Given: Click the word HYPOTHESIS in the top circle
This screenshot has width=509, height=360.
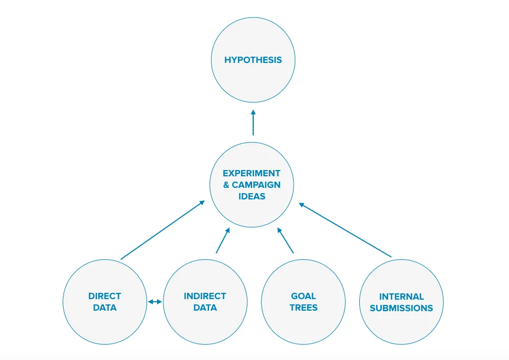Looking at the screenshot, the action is coord(253,60).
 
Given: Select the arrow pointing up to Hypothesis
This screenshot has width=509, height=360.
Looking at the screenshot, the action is coord(253,122).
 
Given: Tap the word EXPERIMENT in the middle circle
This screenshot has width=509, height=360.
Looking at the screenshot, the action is coord(252,173).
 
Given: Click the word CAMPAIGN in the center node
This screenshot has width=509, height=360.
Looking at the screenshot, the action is coord(256,185).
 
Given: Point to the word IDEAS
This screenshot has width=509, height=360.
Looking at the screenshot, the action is coord(252,196).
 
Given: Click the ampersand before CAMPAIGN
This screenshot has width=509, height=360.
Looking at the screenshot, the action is coord(226,185).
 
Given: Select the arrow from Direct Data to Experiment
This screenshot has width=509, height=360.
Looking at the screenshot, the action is coord(163,230).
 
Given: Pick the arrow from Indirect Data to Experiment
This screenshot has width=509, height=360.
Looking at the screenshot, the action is coord(223,240).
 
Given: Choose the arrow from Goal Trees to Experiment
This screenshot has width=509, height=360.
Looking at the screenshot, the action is coord(285,240).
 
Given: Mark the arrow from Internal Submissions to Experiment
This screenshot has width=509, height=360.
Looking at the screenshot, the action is coord(345,230).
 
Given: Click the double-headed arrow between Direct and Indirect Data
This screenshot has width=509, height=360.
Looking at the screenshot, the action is coord(155,302).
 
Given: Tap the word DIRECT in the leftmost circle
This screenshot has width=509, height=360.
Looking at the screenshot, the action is coord(105,296).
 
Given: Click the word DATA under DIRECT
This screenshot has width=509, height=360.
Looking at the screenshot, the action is coord(105,308).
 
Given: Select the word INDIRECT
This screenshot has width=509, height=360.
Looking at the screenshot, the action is coord(205,296).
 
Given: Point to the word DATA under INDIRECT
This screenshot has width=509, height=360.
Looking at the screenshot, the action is coord(205,308).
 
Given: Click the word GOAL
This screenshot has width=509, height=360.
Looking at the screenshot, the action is coord(303,296).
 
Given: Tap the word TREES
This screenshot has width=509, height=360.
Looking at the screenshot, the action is coord(304,308).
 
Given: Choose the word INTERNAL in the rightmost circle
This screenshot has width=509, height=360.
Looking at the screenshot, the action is coord(401,297).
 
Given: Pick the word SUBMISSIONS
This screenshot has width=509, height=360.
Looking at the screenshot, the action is coord(401,308).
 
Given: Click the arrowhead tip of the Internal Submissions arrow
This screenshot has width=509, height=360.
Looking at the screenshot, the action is coord(299,203).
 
